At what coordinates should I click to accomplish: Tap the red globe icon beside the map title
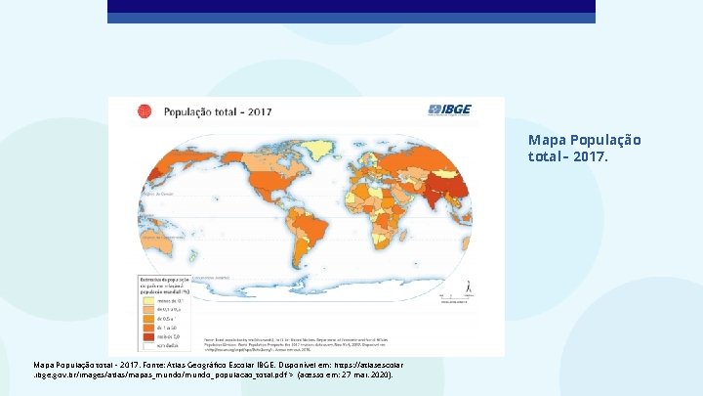tap(144, 111)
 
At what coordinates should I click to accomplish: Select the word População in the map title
tap(191, 111)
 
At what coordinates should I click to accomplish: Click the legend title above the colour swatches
tap(167, 285)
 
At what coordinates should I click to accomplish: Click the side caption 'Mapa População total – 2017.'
tap(584, 148)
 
